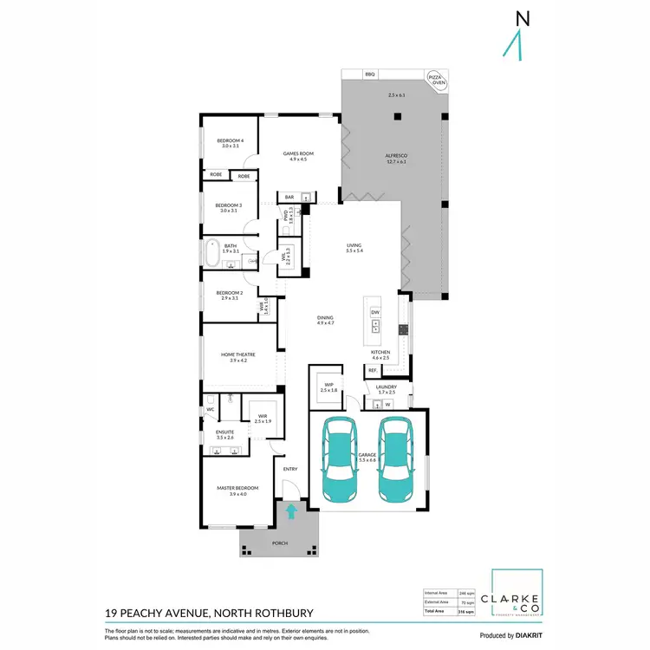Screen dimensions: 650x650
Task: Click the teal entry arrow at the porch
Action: pyautogui.click(x=291, y=511)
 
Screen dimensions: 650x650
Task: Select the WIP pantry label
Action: pyautogui.click(x=328, y=387)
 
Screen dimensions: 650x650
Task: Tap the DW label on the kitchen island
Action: pyautogui.click(x=375, y=312)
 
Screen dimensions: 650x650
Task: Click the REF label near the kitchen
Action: pyautogui.click(x=372, y=370)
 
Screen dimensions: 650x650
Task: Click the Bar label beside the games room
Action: pyautogui.click(x=290, y=197)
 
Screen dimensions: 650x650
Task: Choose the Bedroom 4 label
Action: pyautogui.click(x=231, y=143)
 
